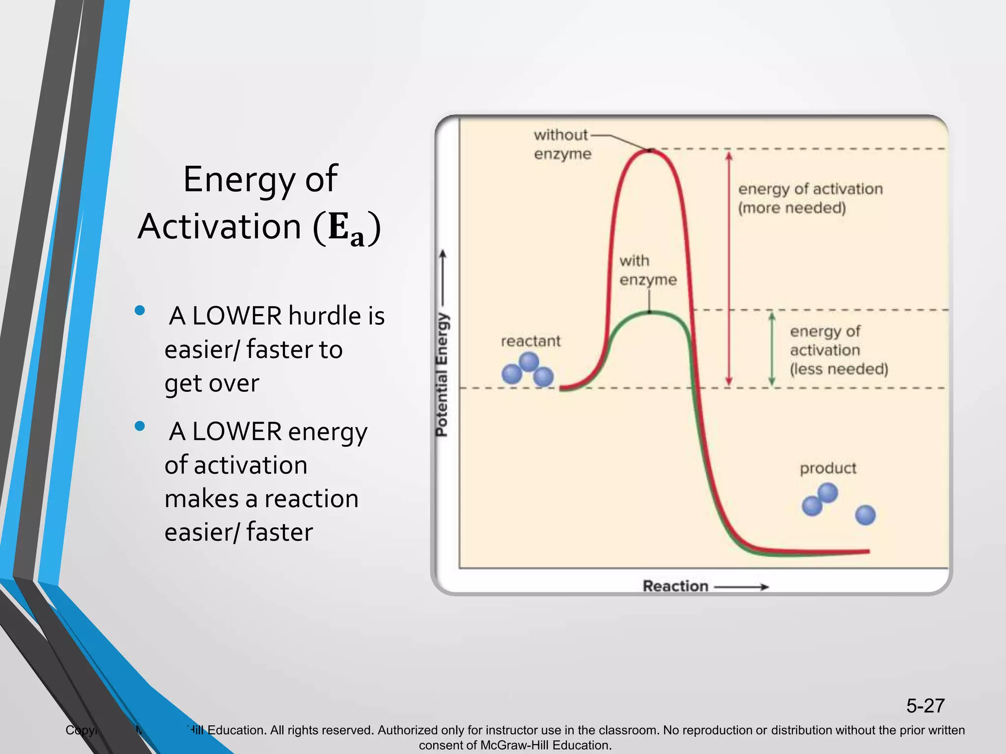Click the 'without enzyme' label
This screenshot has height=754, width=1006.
pos(562,144)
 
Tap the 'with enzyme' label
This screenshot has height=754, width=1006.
pos(647,270)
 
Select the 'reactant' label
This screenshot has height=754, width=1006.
pos(531,341)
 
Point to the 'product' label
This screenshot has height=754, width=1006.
pos(828,468)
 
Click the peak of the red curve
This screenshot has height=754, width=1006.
pos(649,151)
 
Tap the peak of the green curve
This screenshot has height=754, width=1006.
pos(649,312)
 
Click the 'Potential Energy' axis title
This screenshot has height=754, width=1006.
pos(442,374)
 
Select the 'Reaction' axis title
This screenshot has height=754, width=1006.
pos(675,586)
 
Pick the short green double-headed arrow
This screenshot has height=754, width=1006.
pos(772,350)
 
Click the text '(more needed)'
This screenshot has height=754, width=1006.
pos(792,208)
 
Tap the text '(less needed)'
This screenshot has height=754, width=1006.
pos(839,369)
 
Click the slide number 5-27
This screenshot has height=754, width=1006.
pos(925,706)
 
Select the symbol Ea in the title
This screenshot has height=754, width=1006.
pos(347,229)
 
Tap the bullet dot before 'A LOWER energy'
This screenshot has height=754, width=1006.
pos(140,426)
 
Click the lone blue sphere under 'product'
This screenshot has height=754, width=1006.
pos(865,515)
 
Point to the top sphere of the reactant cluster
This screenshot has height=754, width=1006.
pos(529,362)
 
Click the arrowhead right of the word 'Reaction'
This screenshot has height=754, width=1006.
pos(764,587)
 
